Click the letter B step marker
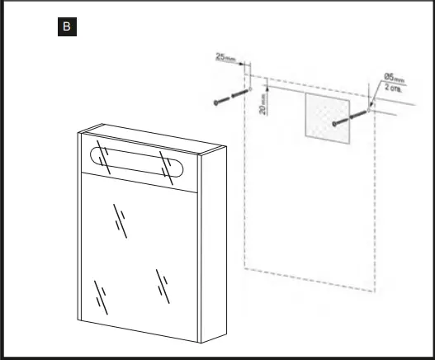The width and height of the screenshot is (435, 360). tap(67, 27)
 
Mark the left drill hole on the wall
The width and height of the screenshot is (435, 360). tap(250, 87)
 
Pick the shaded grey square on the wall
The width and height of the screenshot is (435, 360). tap(326, 115)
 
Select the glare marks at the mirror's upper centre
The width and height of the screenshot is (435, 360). tap(121, 222)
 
